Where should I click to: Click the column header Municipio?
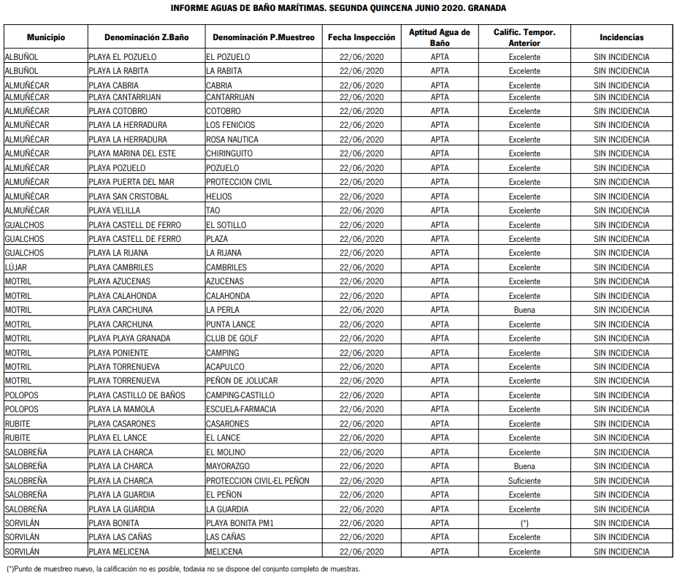pos(46,37)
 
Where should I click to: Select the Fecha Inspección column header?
pos(362,37)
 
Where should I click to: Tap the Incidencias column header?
pos(621,37)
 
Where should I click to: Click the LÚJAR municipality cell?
pos(16,267)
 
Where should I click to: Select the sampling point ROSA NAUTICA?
pos(232,140)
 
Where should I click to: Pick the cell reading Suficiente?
pos(524,481)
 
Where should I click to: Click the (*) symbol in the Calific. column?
pos(524,523)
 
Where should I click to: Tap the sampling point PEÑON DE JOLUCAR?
pos(242,381)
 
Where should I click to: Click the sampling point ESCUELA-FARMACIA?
pos(241,409)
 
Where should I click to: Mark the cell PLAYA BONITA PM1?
pos(240,523)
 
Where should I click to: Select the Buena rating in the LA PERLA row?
pos(524,310)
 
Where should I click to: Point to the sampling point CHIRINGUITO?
pos(229,153)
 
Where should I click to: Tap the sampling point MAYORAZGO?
pos(228,466)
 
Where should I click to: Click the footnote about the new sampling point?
pos(183,569)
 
